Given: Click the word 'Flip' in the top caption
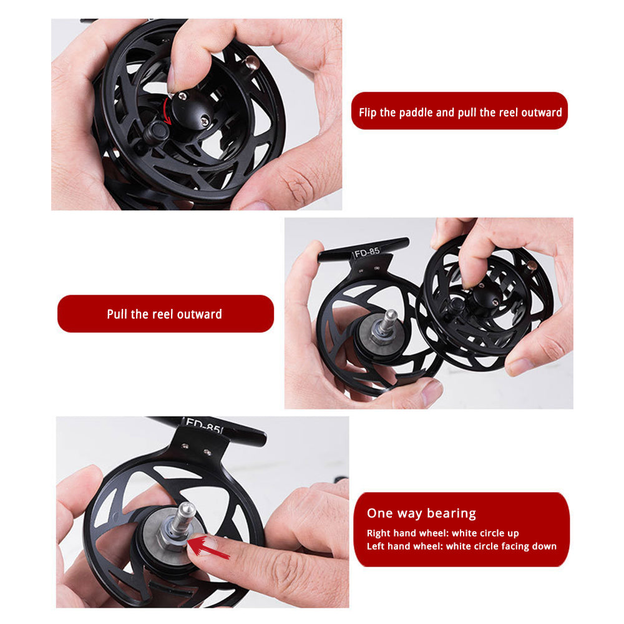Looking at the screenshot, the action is click(x=368, y=112).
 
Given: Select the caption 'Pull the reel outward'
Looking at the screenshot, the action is click(x=164, y=314).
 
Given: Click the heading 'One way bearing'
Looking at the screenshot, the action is click(x=421, y=514).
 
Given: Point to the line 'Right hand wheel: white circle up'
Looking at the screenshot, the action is click(x=442, y=534).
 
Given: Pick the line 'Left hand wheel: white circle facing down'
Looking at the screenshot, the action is click(x=462, y=547).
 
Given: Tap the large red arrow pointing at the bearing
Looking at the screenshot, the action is click(x=208, y=547).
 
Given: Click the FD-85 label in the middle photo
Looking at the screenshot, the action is click(x=367, y=252).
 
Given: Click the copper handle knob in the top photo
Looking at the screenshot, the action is click(x=251, y=62).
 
